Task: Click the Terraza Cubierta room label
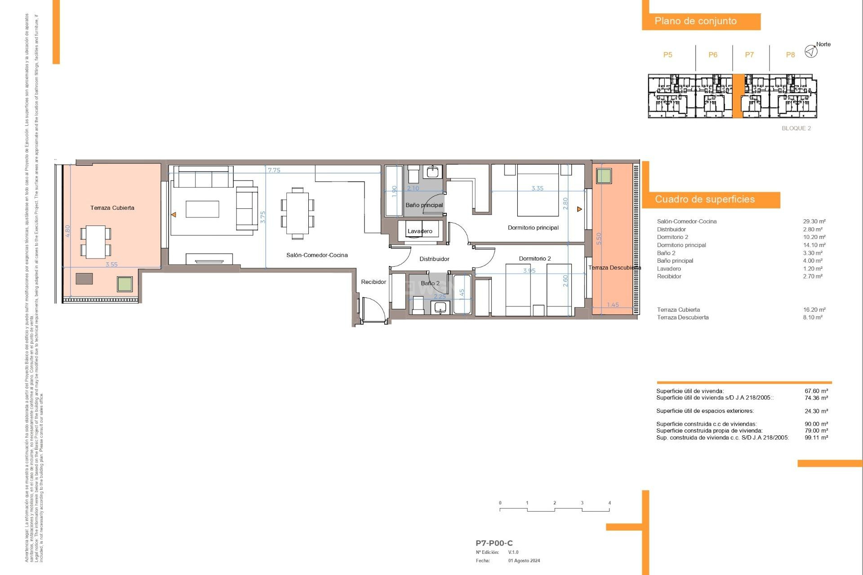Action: click(x=112, y=208)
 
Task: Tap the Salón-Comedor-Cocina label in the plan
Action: click(x=317, y=255)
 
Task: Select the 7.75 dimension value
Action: click(x=274, y=170)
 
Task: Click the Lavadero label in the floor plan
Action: click(x=420, y=231)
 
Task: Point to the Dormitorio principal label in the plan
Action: click(x=533, y=228)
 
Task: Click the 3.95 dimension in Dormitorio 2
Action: click(x=529, y=270)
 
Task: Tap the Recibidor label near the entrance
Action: click(x=374, y=282)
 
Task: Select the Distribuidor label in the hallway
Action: click(x=434, y=259)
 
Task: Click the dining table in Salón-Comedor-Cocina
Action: click(x=297, y=213)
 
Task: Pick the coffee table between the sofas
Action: click(x=202, y=209)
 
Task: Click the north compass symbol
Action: click(x=811, y=51)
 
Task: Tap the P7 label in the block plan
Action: click(x=749, y=55)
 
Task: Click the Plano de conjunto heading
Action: click(x=695, y=21)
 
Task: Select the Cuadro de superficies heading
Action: click(x=704, y=199)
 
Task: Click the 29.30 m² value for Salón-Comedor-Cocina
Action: click(x=814, y=221)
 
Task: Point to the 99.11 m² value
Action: click(x=816, y=438)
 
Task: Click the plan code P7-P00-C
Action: click(x=494, y=543)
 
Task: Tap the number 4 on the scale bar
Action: click(x=609, y=503)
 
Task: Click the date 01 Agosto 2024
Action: click(x=524, y=561)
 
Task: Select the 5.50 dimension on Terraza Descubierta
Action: click(x=598, y=239)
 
